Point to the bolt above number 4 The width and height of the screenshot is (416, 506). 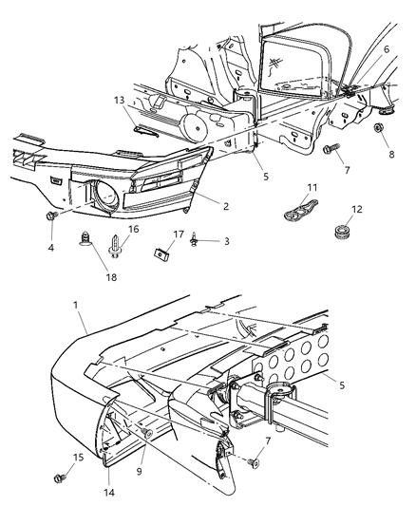[x=48, y=217]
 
